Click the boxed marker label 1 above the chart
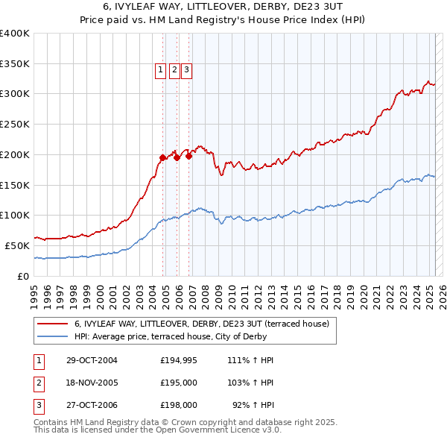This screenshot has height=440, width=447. pos(160,71)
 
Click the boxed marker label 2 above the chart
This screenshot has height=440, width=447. pos(174,71)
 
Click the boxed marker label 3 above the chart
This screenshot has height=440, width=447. pos(186,71)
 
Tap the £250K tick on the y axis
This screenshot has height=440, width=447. pos(14,124)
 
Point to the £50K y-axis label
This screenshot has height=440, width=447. pos(17,245)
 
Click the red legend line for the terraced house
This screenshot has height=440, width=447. pos(52,324)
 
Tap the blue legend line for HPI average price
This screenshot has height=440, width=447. pos(52,336)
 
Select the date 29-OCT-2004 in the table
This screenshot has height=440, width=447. pos(92,360)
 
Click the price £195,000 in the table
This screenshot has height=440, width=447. pos(179,383)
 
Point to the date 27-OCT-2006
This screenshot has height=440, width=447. pos(92,406)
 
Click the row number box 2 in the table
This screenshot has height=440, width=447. pos(38,383)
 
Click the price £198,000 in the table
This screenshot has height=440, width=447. pos(179,406)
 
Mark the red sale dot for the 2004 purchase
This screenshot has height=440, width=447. pos(162,157)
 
